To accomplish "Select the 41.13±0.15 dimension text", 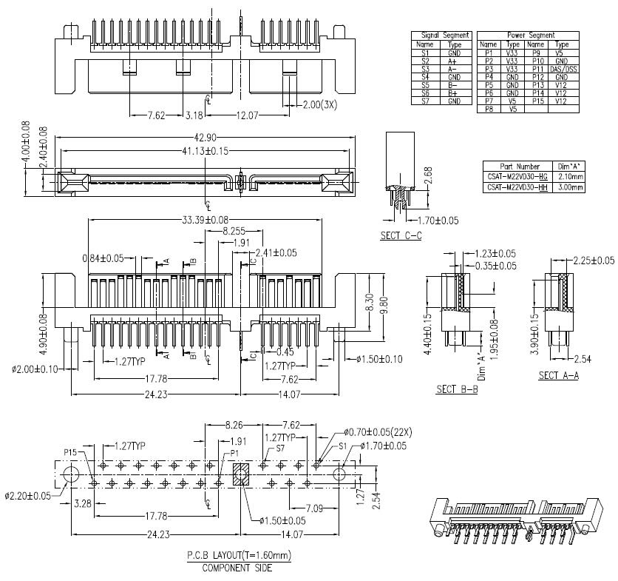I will coord(205,151).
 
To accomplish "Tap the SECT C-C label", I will coord(402,236).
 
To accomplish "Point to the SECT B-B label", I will coord(456,389).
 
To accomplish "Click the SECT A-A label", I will coord(558,375).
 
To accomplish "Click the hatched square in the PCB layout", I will coord(242,474).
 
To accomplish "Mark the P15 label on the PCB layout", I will coord(71,451).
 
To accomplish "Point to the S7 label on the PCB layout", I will coord(280,449).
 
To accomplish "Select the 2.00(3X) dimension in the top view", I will coord(320,104).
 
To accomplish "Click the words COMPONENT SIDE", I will coord(238,568).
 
